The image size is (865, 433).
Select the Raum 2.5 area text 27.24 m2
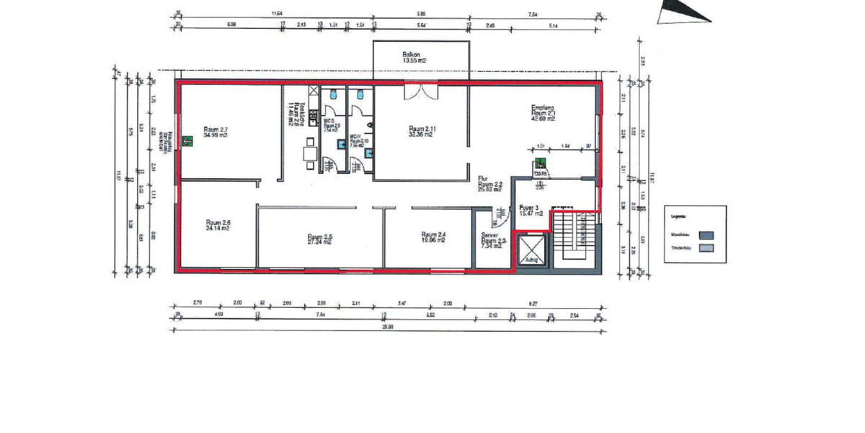coord(319,242)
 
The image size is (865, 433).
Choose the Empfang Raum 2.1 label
coord(543,113)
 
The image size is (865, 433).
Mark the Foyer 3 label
coord(529,211)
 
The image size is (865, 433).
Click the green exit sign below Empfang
coord(538,162)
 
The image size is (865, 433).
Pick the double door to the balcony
coord(420,92)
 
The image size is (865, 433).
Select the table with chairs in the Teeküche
coord(310,154)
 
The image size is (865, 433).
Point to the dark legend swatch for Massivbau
coord(707,234)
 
